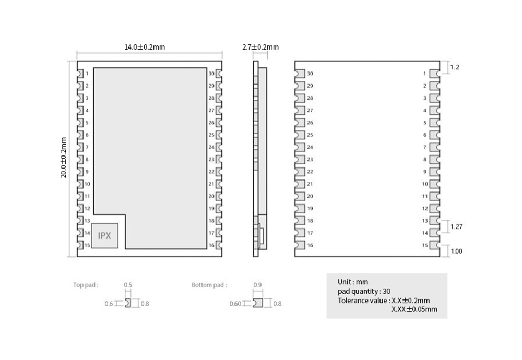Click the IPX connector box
tap(104, 235)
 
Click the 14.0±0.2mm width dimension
tap(145, 47)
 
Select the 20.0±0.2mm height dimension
tap(63, 158)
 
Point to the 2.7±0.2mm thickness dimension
tap(260, 47)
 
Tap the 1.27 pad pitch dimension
tap(456, 226)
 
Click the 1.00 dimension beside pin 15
tap(456, 251)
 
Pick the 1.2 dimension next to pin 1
tap(455, 67)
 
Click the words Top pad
tap(86, 285)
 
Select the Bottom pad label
tap(209, 285)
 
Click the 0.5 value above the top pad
tap(128, 285)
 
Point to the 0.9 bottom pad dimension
tap(257, 285)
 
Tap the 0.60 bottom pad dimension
tap(235, 304)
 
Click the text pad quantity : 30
tap(364, 292)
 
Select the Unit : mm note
tap(353, 282)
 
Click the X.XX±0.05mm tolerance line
tap(414, 309)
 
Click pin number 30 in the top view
tap(211, 74)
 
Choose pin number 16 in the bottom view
tap(310, 245)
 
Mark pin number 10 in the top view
tap(87, 184)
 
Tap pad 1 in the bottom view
tap(434, 74)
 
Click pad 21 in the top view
tap(219, 184)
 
